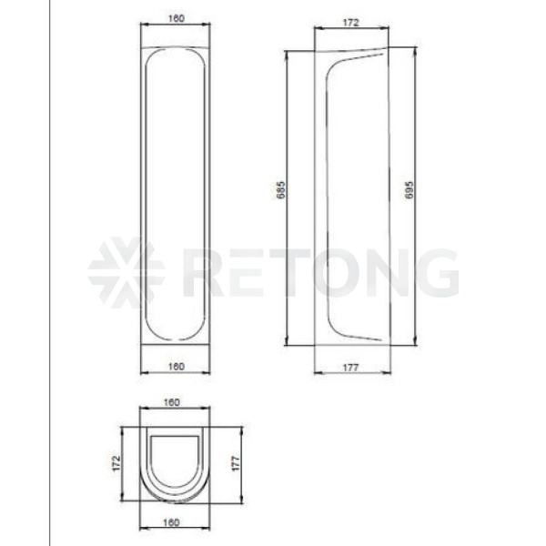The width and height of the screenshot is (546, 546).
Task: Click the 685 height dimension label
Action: [x=280, y=190]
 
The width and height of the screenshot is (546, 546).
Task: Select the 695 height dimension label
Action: [x=409, y=190]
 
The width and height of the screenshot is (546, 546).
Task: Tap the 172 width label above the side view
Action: [x=350, y=23]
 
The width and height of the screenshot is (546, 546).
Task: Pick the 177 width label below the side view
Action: [x=350, y=368]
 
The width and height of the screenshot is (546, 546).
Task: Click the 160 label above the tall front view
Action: [x=177, y=18]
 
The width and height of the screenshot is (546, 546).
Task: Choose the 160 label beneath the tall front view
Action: [x=177, y=367]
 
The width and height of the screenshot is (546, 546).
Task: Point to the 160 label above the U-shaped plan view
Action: [x=172, y=402]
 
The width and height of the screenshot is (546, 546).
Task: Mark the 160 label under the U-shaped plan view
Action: [x=172, y=522]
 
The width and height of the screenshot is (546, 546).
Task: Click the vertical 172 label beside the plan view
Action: [x=116, y=463]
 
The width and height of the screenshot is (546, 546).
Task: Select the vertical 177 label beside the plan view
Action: [x=236, y=463]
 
